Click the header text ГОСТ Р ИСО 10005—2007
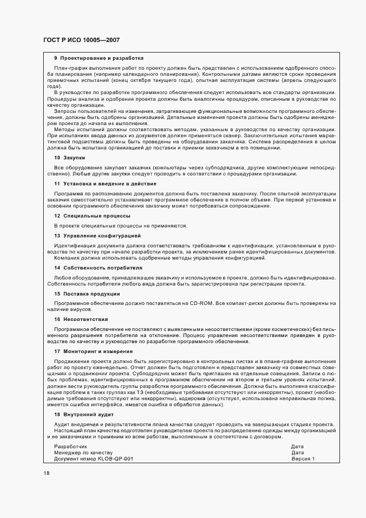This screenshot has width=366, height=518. pyautogui.click(x=81, y=40)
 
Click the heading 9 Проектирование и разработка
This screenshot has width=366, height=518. pyautogui.click(x=99, y=58)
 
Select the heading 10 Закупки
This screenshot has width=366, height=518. pyautogui.click(x=69, y=158)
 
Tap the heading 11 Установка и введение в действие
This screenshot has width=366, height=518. pyautogui.click(x=105, y=184)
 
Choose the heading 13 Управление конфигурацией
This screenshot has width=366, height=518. pyautogui.click(x=97, y=235)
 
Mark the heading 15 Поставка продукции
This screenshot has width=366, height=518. pyautogui.click(x=87, y=294)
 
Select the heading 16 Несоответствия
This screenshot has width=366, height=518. pyautogui.click(x=81, y=319)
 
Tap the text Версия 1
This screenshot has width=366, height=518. pyautogui.click(x=303, y=459)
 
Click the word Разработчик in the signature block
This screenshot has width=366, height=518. pyautogui.click(x=70, y=446)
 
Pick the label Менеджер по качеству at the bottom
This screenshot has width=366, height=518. pyautogui.click(x=83, y=452)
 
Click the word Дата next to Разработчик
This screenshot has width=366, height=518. pyautogui.click(x=297, y=446)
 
